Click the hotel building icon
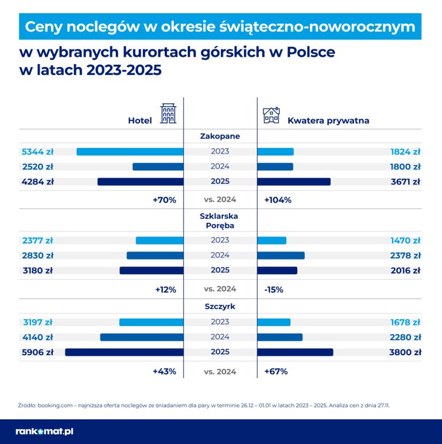click(x=168, y=114)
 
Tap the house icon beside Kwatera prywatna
click(x=271, y=115)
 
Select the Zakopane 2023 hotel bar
click(x=130, y=152)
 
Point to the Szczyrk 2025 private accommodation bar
click(x=295, y=352)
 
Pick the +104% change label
click(x=278, y=200)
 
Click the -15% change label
click(x=274, y=289)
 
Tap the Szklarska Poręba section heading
click(x=220, y=221)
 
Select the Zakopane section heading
click(x=220, y=136)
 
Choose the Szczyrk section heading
click(x=220, y=307)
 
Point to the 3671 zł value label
click(x=405, y=182)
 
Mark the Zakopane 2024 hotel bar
click(x=158, y=167)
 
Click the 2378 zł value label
click(x=405, y=256)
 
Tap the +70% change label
click(x=164, y=200)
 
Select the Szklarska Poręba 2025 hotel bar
click(x=152, y=270)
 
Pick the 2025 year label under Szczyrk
click(x=220, y=352)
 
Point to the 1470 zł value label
click(x=405, y=241)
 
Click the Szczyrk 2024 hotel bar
click(x=142, y=337)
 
